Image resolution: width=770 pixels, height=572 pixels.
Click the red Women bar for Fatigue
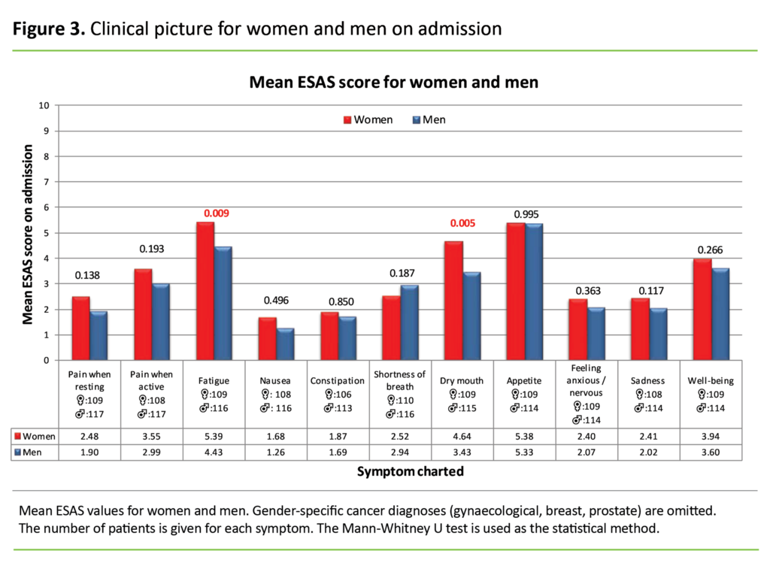click(x=205, y=292)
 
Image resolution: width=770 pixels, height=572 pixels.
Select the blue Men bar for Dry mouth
click(x=471, y=316)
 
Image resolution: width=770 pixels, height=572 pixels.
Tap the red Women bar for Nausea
click(x=267, y=339)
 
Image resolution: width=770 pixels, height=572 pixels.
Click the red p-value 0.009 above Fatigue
click(x=215, y=213)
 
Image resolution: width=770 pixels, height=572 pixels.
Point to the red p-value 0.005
click(x=464, y=223)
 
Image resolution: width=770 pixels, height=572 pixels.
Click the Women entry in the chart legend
click(x=368, y=120)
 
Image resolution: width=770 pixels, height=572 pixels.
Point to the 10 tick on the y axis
click(x=44, y=105)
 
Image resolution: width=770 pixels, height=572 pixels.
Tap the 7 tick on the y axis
click(x=47, y=182)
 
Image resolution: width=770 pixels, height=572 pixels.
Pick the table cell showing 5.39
click(x=214, y=436)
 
